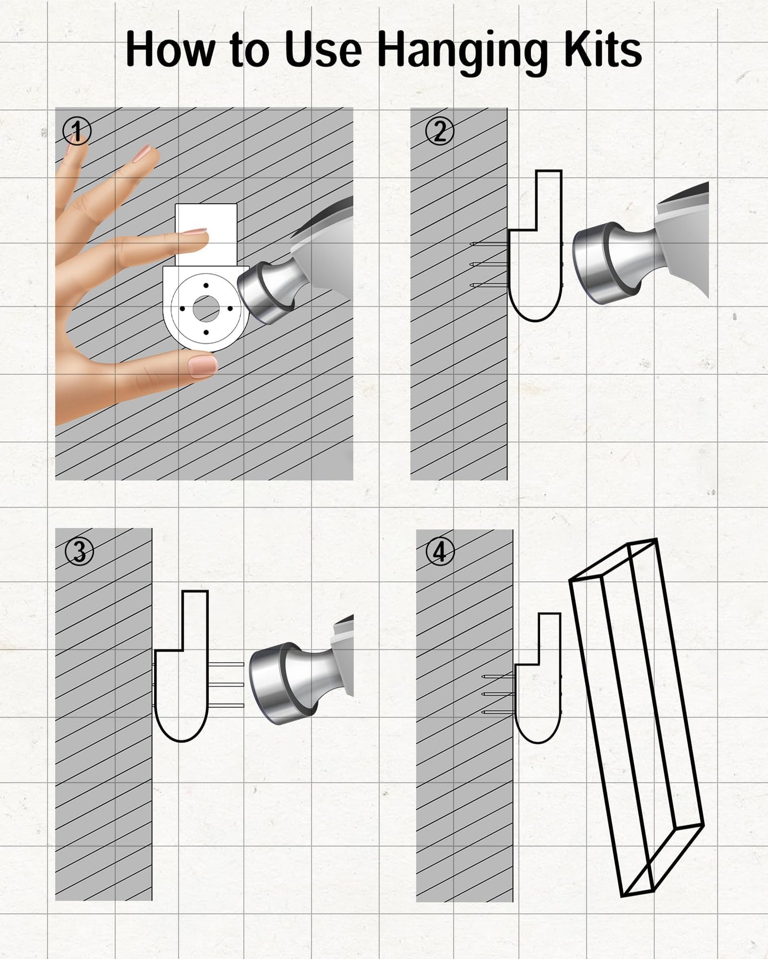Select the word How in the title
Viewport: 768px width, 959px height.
[170, 50]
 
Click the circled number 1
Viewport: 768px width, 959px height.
[77, 131]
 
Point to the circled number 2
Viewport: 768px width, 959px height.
[440, 131]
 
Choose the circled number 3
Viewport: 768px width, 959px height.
[79, 552]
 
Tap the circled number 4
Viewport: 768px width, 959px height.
[440, 552]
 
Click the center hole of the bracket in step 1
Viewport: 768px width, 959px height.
[206, 309]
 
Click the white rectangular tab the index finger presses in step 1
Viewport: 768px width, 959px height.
[206, 235]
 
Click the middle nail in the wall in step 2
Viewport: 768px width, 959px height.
[489, 264]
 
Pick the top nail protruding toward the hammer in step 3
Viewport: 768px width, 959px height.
[226, 664]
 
